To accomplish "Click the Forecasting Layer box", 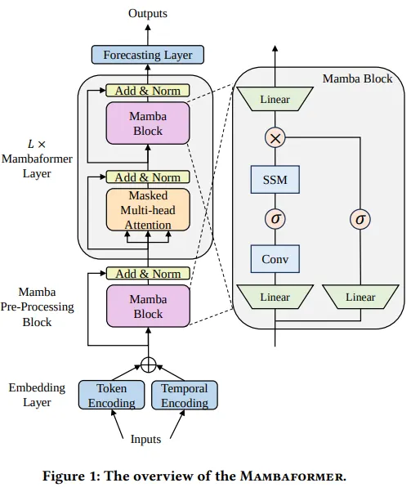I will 147,56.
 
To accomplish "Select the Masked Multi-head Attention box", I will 148,209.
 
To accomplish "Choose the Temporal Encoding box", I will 184,395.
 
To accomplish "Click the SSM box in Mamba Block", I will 275,178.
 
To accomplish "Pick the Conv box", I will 275,259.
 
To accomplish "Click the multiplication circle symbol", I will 275,138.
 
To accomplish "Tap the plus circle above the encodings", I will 148,364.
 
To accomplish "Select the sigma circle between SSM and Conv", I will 275,219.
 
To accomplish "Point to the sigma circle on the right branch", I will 360,219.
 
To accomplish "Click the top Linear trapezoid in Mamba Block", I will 275,100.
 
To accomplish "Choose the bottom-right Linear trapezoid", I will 360,297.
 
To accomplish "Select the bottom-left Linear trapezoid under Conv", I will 275,297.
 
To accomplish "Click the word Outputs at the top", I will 148,14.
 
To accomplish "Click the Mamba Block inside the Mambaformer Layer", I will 148,123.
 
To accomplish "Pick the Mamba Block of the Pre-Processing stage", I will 148,306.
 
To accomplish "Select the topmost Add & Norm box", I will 148,90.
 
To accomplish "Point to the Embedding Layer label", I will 30,395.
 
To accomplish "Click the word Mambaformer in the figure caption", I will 293,476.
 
